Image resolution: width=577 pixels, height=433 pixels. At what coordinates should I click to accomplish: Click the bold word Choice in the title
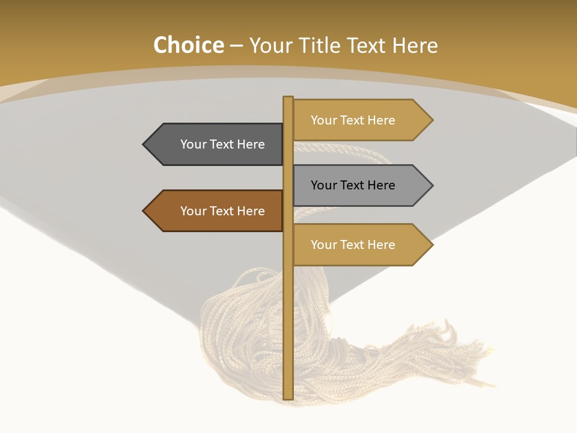point(188,45)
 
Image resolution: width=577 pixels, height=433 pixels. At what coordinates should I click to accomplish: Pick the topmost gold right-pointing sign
point(358,120)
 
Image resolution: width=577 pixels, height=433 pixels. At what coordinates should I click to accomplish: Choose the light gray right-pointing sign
point(358,185)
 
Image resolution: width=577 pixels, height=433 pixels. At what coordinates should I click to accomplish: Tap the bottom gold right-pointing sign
point(358,245)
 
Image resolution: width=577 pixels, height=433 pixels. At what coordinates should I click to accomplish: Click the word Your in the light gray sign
point(323,185)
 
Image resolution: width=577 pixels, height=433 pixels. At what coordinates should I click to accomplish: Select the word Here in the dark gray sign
point(251,144)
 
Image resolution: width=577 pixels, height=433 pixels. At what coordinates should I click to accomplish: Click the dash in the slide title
point(236,46)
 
